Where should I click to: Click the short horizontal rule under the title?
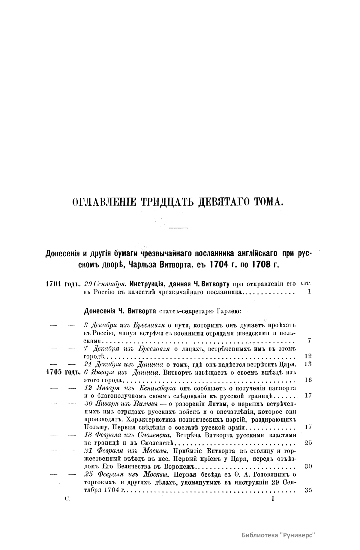(178, 229)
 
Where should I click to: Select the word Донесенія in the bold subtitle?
(62, 254)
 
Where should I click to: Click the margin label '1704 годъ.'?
(64, 284)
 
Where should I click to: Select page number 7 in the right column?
(309, 340)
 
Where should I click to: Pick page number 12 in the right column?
(308, 356)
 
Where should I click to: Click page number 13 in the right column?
(308, 364)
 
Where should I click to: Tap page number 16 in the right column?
(308, 380)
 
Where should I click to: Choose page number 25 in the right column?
(308, 443)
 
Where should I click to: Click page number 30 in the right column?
(308, 466)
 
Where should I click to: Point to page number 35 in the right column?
(308, 491)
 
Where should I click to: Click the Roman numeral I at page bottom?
(273, 499)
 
